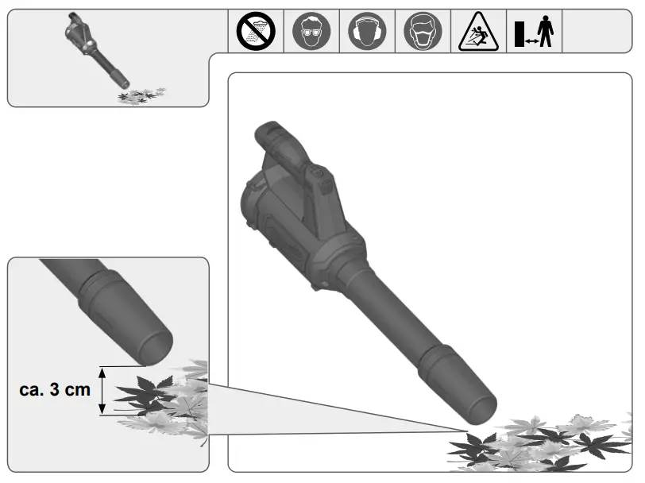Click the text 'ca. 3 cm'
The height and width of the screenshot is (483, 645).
(55, 390)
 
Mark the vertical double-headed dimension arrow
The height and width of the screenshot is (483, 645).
(102, 390)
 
